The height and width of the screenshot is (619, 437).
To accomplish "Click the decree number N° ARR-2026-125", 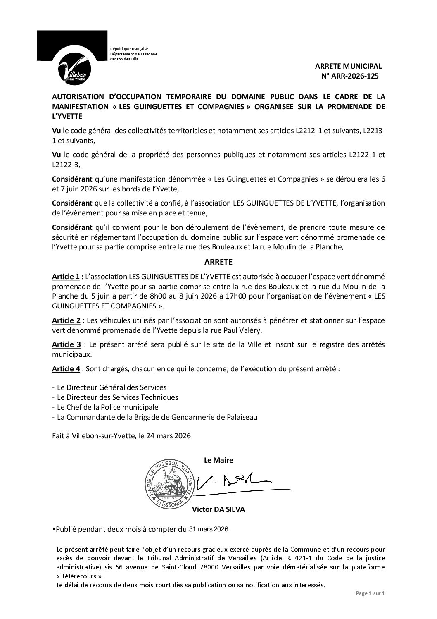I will point(349,76).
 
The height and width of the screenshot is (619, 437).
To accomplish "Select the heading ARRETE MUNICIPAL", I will point(349,66).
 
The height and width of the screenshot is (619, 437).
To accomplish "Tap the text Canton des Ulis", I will point(124,59).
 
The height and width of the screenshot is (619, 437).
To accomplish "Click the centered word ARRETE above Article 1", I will point(218,262).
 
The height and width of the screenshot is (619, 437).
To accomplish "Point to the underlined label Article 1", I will point(66,276).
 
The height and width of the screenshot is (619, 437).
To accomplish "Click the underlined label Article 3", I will point(66,345).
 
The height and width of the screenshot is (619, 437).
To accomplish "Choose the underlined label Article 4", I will point(66,369).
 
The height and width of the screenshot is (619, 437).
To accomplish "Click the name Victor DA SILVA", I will point(218,509).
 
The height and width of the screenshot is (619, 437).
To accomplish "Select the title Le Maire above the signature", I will point(218,460).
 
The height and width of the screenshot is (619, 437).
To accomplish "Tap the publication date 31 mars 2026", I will point(209,529).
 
